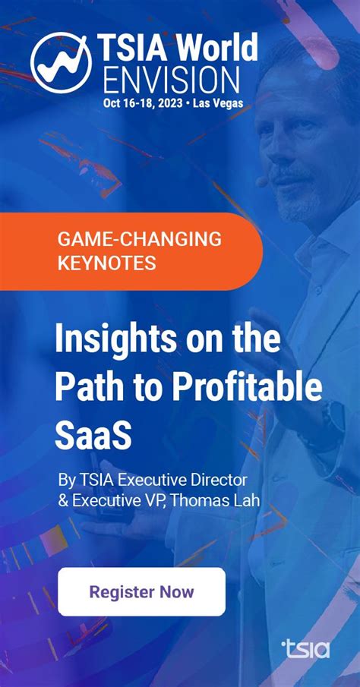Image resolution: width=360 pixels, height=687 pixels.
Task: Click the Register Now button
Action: tap(141, 591)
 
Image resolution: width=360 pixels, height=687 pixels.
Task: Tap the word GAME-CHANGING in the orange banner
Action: tap(140, 239)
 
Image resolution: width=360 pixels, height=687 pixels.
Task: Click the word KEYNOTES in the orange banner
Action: tap(107, 263)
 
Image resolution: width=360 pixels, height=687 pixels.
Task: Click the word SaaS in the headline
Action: tap(93, 434)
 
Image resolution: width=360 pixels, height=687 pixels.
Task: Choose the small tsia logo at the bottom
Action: tap(305, 648)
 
